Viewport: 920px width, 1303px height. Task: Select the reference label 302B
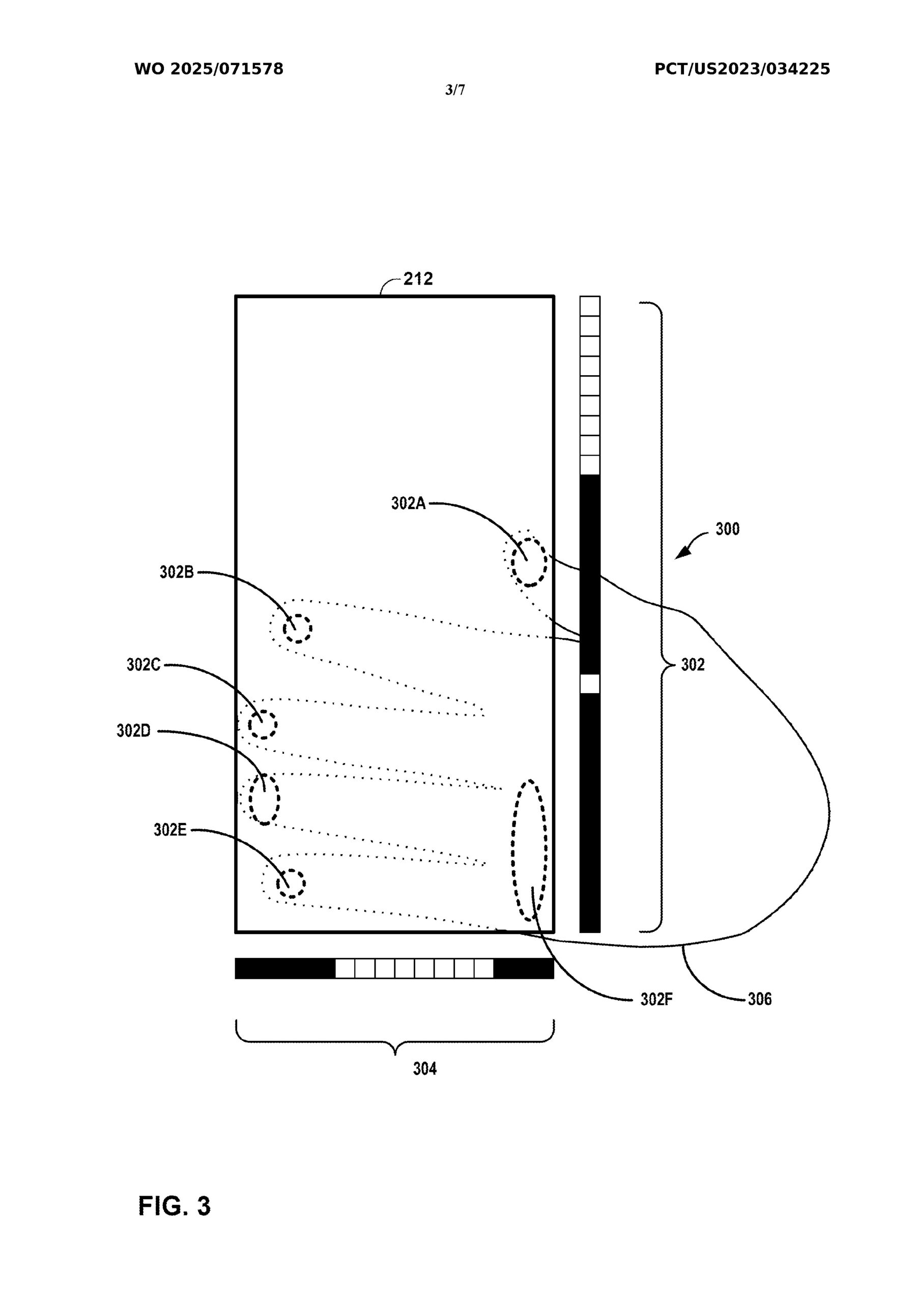click(x=177, y=572)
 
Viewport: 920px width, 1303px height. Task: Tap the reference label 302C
click(x=143, y=665)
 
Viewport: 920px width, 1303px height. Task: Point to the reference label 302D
click(x=134, y=731)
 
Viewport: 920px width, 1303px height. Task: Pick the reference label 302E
click(x=169, y=830)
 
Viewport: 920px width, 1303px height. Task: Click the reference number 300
click(x=727, y=529)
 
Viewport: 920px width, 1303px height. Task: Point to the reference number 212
click(x=418, y=278)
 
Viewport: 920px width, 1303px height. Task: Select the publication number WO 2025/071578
click(x=209, y=69)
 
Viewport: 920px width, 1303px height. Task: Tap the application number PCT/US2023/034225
click(x=742, y=69)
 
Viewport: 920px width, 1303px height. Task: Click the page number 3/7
click(x=455, y=90)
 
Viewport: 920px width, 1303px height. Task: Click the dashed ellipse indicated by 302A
click(x=529, y=562)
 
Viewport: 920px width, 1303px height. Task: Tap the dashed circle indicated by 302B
click(x=297, y=629)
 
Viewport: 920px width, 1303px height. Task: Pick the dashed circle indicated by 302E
click(x=291, y=883)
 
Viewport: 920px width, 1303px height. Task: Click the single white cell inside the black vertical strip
click(x=589, y=684)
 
